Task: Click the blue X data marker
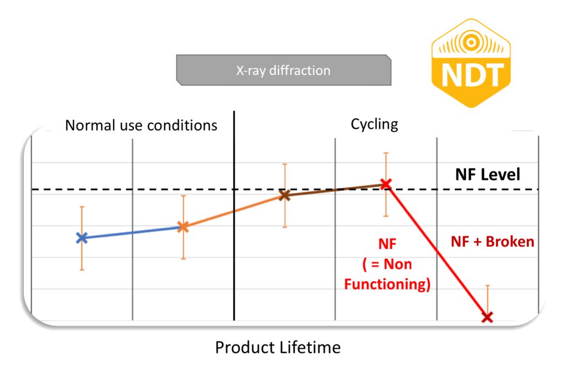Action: pos(82,238)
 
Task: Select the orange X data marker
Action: pos(183,227)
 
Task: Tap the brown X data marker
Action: pos(285,196)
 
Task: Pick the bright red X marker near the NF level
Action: pos(386,184)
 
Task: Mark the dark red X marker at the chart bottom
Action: pos(488,318)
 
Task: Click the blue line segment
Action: pos(133,233)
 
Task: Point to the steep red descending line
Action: pos(437,251)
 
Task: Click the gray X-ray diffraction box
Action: pos(283,70)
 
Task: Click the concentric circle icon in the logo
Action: pos(471,42)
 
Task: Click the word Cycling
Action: pos(374,124)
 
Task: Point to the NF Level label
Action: pos(488,174)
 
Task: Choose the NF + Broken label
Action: pos(493,242)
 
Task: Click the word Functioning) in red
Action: pos(387,284)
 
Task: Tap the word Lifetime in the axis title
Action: pos(309,347)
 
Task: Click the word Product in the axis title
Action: pos(244,347)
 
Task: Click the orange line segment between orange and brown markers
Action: pos(234,212)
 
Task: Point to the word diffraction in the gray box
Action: pos(300,71)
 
